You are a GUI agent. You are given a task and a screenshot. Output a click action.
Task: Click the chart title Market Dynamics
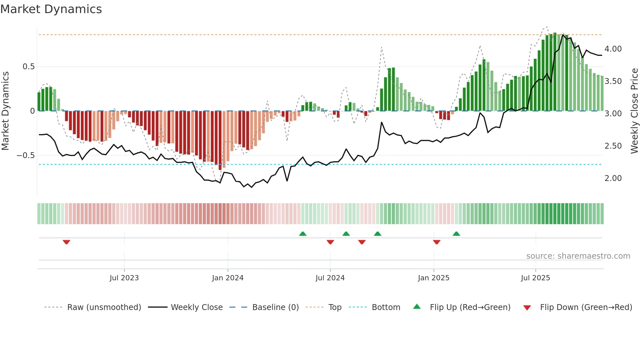click(x=51, y=9)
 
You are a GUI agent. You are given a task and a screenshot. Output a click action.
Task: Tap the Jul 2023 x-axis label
click(x=124, y=278)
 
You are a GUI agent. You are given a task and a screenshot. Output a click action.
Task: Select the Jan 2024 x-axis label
click(x=228, y=278)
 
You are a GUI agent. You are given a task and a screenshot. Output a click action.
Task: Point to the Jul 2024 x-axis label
click(x=330, y=278)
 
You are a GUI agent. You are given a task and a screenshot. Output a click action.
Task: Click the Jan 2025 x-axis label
click(x=434, y=278)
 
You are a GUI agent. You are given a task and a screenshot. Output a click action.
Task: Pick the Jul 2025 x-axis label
click(x=536, y=278)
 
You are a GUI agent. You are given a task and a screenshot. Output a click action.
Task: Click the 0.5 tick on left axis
click(x=28, y=67)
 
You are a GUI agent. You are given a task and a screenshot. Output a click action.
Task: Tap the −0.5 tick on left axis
click(x=26, y=155)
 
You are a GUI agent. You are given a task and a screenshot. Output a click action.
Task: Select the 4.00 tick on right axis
click(x=613, y=49)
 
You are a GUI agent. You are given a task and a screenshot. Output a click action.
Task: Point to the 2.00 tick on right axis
click(x=613, y=178)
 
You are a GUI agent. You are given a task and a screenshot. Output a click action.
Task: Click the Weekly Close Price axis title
click(x=634, y=111)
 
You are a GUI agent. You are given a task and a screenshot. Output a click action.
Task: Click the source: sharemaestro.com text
click(x=578, y=256)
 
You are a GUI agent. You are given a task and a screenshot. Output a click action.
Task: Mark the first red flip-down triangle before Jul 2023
click(x=66, y=242)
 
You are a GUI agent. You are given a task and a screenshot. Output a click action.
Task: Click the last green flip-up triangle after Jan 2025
click(x=456, y=234)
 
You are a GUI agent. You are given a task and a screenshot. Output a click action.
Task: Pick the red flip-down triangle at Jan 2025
click(x=437, y=242)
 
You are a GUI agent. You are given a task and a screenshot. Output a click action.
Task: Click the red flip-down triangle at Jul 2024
click(x=330, y=242)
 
